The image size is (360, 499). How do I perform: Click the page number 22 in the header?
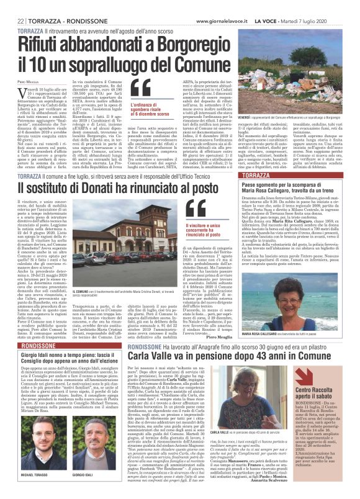tap(21, 6)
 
